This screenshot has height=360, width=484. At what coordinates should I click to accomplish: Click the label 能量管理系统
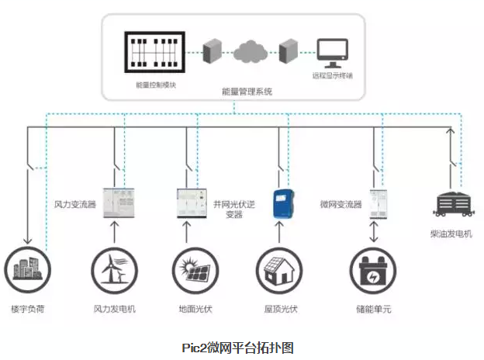pos(247,92)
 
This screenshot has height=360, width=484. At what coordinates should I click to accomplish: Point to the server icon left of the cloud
pos(209,50)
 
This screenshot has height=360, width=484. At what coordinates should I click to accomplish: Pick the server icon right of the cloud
pos(289,50)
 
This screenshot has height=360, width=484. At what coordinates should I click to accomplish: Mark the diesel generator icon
pos(453,203)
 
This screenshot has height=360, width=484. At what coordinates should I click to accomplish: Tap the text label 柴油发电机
pos(451,234)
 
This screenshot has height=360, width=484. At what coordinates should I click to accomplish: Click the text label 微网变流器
pos(341,205)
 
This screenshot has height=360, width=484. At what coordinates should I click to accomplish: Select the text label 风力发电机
pos(115,309)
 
